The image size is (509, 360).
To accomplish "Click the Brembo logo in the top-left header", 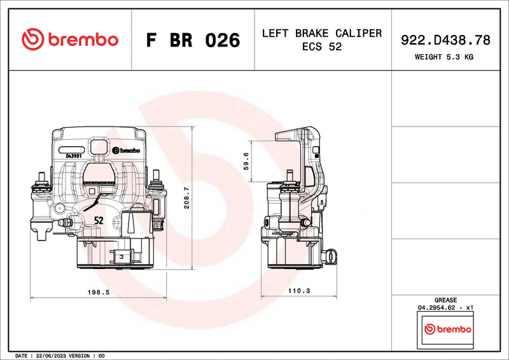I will [x=69, y=39].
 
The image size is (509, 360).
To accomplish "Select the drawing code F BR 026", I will [x=193, y=40].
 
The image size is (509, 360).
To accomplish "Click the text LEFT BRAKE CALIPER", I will [x=321, y=33].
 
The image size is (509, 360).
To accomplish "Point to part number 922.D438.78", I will [x=445, y=40].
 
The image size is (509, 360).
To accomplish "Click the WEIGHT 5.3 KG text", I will [x=445, y=57].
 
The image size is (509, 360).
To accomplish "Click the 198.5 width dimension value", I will [x=99, y=291].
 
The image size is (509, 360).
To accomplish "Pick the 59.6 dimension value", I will [x=246, y=162].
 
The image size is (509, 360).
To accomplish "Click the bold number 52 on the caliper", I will [x=99, y=220].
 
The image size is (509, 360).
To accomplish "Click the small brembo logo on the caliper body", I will [x=125, y=151].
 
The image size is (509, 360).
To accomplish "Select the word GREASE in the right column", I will [x=445, y=300].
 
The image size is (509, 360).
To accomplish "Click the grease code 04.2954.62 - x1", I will [x=445, y=308].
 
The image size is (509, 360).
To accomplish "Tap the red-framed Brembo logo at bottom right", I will [x=447, y=329].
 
